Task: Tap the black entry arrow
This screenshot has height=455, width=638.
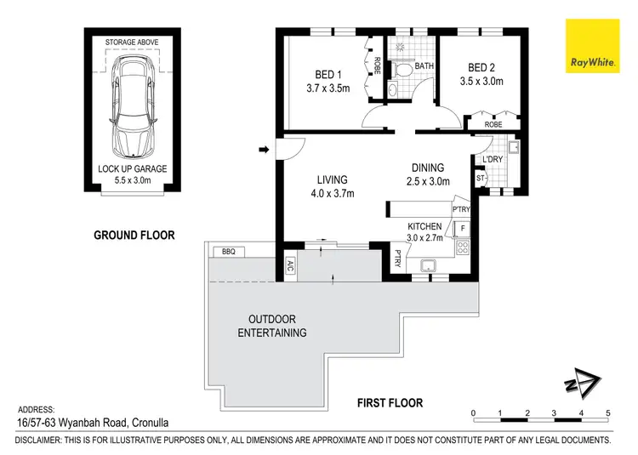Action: pos(264,151)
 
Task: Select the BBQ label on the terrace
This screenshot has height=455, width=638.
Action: pos(227,252)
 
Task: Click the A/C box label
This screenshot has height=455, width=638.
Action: pos(290,263)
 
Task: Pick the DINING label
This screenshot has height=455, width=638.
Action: pos(428,168)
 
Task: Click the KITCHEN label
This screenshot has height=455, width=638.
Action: pos(425,225)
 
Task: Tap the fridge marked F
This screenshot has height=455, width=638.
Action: pos(463,229)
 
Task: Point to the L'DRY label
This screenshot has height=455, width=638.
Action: pos(493,159)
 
